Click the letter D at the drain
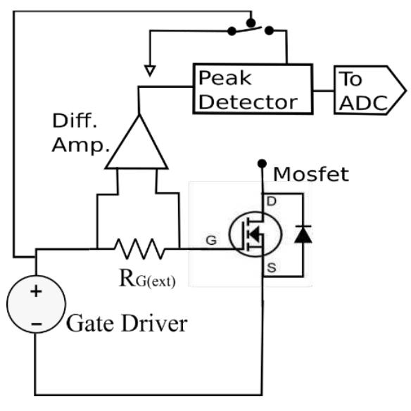click(269, 202)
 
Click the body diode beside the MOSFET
click(303, 235)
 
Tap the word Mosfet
click(310, 173)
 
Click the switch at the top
click(251, 29)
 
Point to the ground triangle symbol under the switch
click(148, 70)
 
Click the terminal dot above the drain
click(263, 162)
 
